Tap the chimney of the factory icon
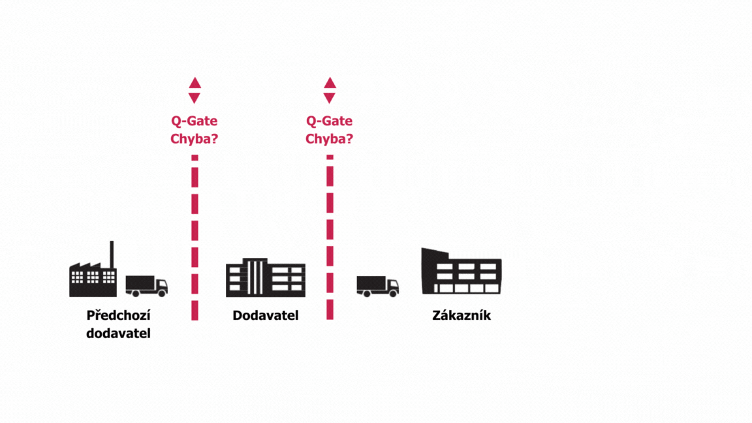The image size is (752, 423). (x=112, y=255)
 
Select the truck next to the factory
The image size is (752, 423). (x=146, y=285)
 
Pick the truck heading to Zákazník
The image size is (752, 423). (x=377, y=285)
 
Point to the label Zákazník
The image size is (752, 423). (x=461, y=316)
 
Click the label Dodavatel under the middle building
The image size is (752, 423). (x=265, y=316)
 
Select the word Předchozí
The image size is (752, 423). (x=118, y=315)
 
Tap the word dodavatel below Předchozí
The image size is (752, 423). (x=118, y=333)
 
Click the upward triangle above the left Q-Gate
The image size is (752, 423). (x=195, y=84)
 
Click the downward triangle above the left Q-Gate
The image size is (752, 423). (x=195, y=98)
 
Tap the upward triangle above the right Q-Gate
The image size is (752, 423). (x=330, y=84)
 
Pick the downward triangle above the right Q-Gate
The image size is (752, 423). (x=330, y=98)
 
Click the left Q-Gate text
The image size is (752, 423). (x=194, y=121)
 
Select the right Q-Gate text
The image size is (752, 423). (x=329, y=121)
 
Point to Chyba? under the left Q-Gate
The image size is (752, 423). (x=194, y=138)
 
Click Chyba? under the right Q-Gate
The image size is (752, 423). (x=329, y=138)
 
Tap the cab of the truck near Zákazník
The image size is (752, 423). (x=392, y=285)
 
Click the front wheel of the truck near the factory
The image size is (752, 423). (x=162, y=294)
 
